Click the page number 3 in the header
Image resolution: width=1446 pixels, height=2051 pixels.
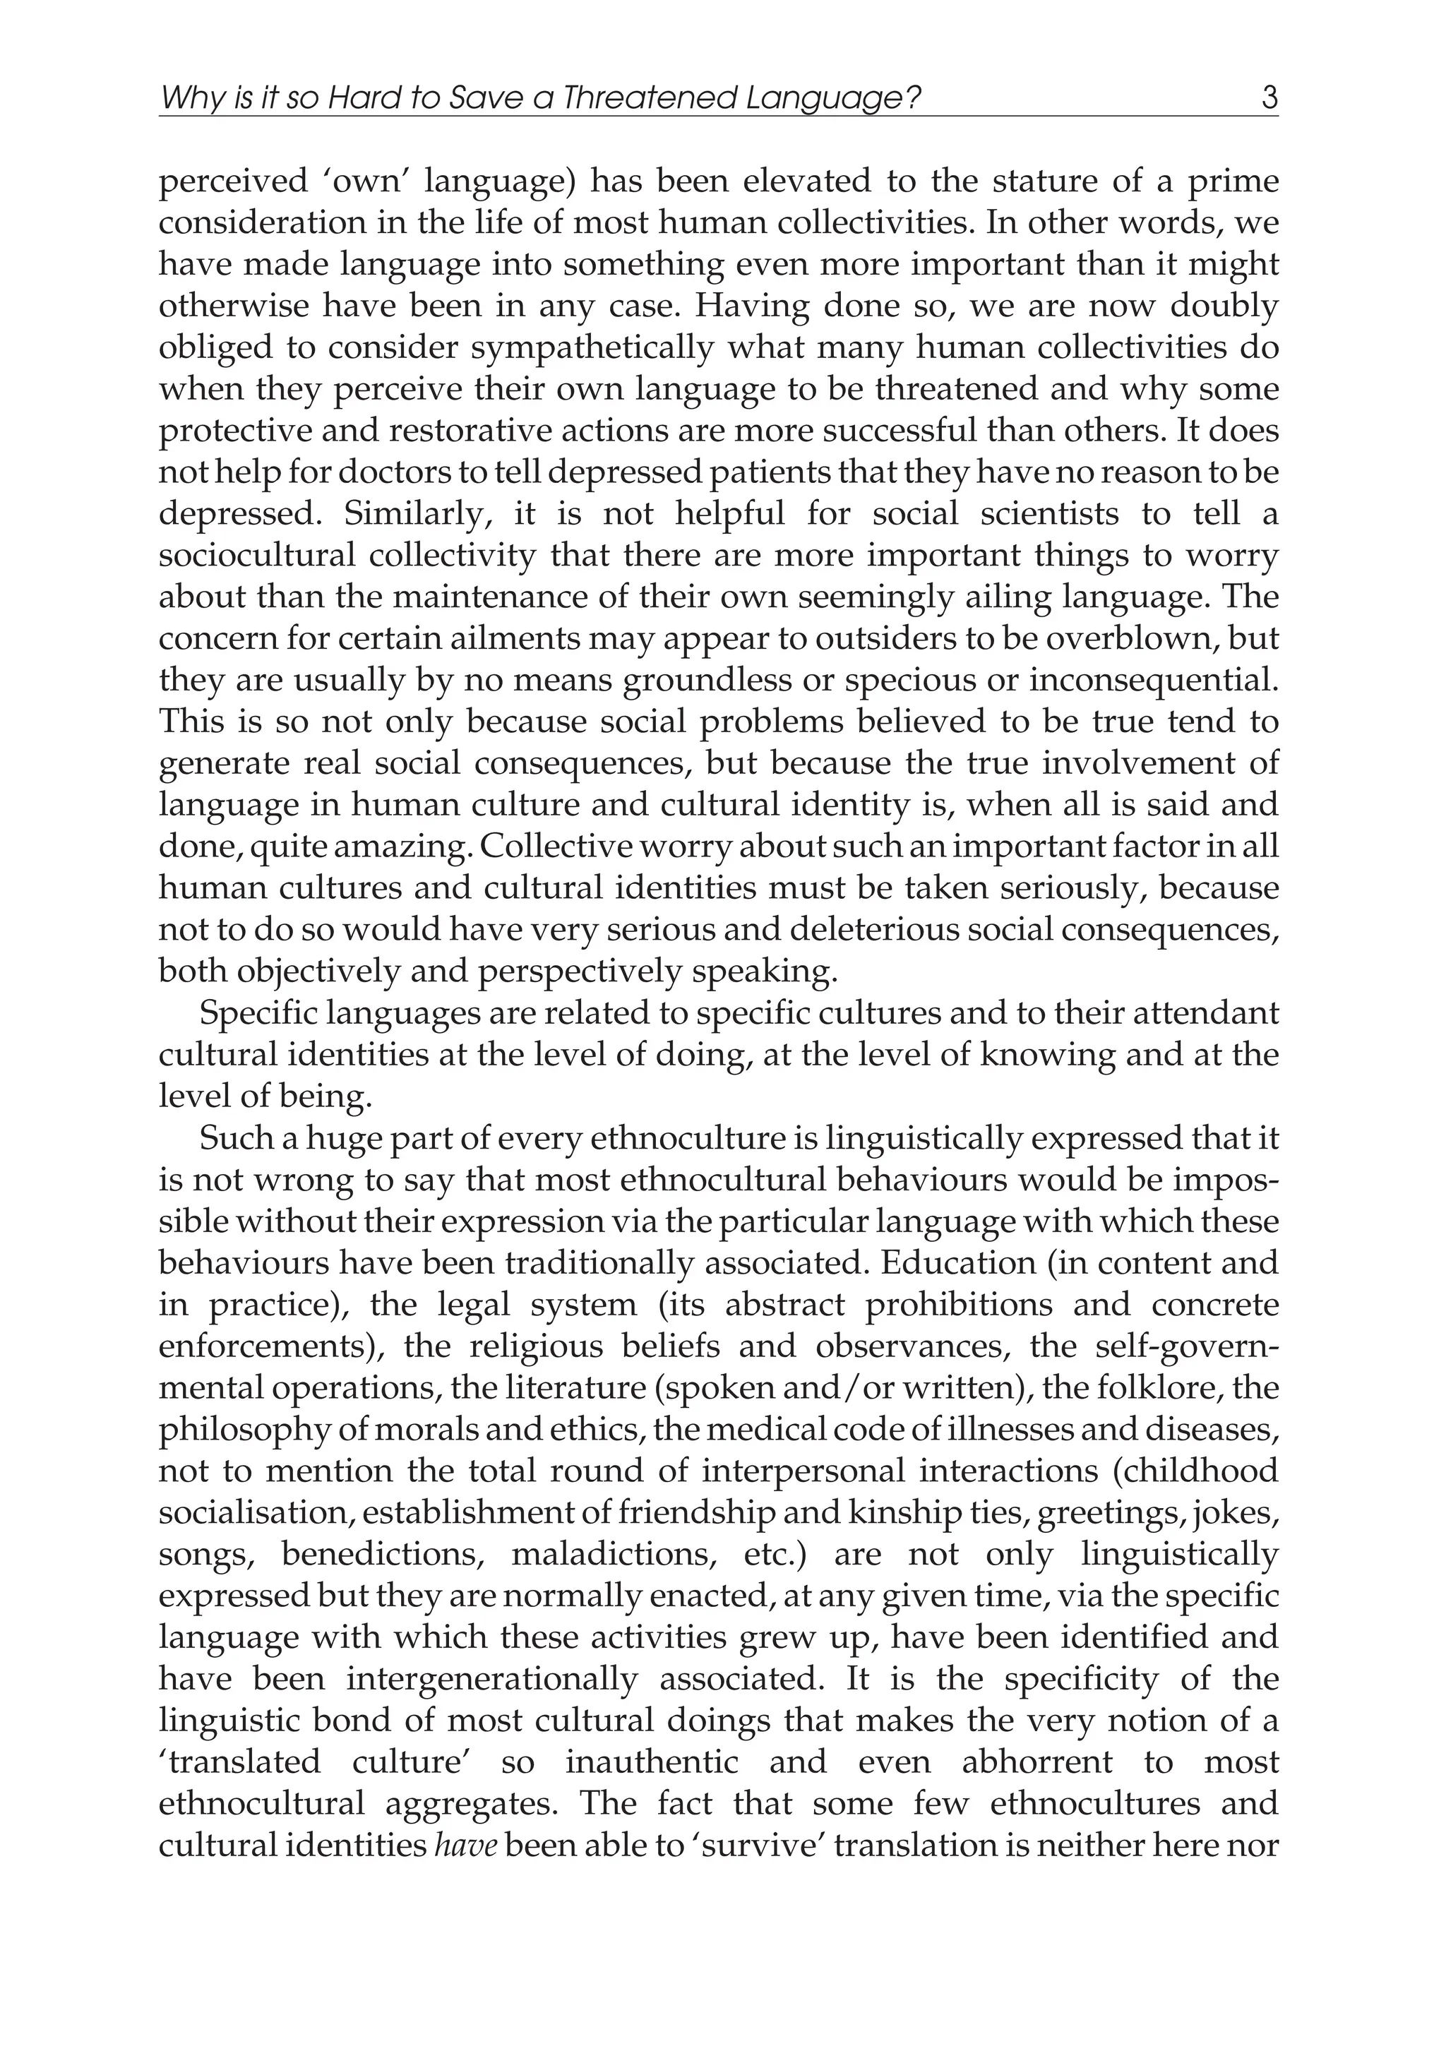point(1269,97)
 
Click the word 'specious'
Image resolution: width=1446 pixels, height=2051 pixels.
point(900,681)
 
